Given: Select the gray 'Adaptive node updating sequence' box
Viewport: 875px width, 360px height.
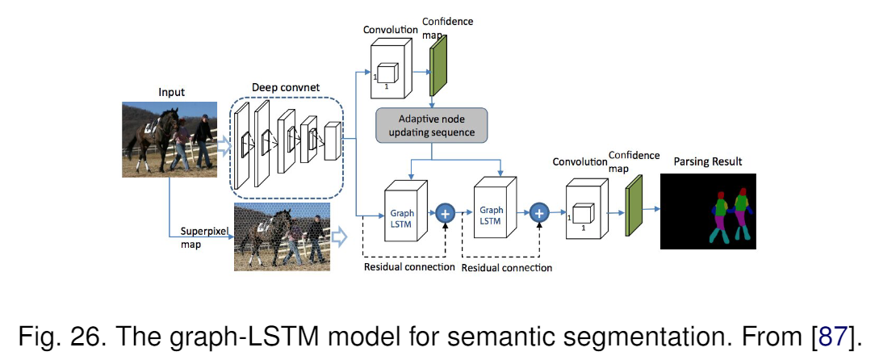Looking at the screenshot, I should [x=431, y=124].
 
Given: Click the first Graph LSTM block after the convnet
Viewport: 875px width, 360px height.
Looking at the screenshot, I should [x=404, y=213].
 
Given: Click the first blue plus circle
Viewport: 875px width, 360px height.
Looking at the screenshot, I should [x=446, y=214].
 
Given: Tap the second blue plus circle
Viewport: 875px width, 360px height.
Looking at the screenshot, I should [x=539, y=214].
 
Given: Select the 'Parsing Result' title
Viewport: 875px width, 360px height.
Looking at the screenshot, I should [x=708, y=161].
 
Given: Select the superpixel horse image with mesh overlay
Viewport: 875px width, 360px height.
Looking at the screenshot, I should [x=281, y=237].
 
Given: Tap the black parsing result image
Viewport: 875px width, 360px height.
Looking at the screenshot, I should [x=710, y=211].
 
